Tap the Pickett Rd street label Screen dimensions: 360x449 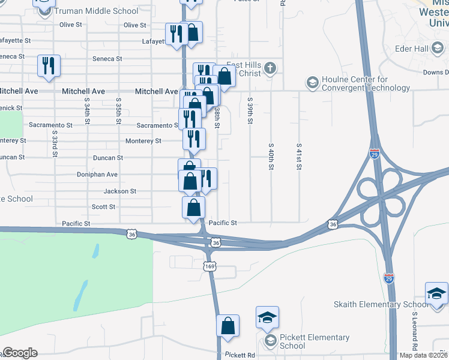point(240,355)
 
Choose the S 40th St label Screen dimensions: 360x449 point(271,157)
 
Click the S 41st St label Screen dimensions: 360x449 point(298,157)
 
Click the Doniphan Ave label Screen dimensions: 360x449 point(97,175)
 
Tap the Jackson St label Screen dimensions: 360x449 point(120,191)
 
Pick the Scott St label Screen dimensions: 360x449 point(103,207)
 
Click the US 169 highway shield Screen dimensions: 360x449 point(209,266)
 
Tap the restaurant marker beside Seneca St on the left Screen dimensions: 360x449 point(48,65)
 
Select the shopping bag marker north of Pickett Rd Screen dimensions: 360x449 point(228,326)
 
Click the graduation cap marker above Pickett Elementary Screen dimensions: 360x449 point(268,317)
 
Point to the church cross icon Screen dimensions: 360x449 point(270,68)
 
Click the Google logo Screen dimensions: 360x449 point(20,353)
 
